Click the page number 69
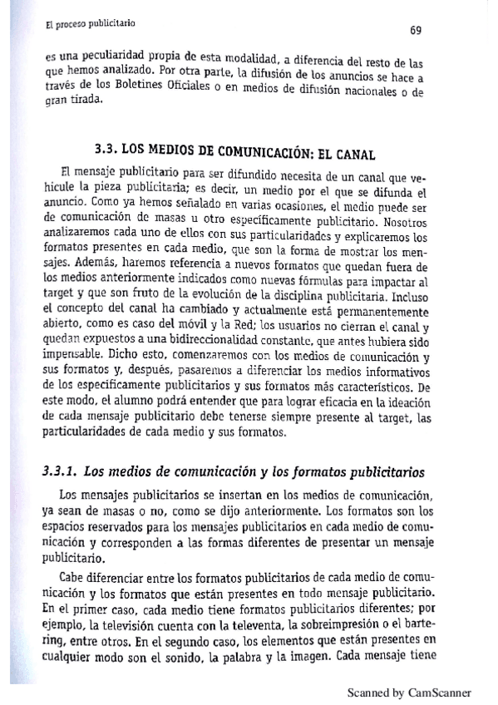point(417,30)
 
